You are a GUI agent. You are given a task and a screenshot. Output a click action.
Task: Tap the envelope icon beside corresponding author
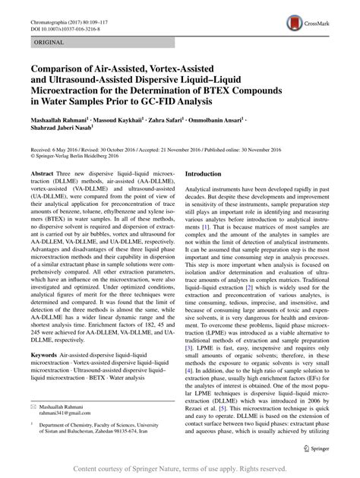point(32,409)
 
